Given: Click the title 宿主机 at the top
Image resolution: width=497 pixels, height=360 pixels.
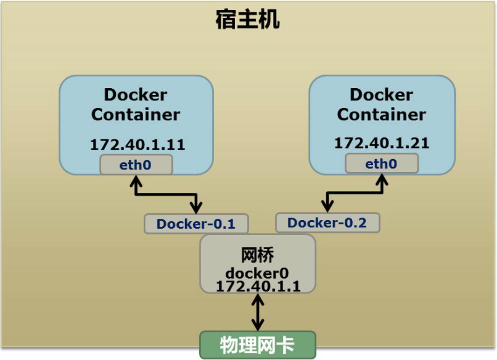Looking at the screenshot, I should pos(248,20).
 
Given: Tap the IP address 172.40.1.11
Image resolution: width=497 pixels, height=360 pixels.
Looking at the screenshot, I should pos(138,145).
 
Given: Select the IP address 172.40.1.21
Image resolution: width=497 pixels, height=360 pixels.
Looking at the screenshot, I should pos(382,143).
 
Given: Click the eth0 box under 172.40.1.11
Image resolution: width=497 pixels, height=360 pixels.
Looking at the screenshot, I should pos(136,165).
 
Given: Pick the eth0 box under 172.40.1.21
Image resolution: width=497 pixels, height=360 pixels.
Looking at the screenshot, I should pos(381,164).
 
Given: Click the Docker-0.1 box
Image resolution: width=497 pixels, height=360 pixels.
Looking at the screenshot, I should pos(197,224).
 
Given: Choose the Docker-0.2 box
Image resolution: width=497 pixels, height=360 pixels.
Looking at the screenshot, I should pos(327,223).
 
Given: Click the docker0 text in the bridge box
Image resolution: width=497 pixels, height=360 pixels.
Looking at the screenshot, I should pos(257,273).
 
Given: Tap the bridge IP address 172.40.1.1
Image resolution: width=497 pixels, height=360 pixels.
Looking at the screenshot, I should pos(257,286).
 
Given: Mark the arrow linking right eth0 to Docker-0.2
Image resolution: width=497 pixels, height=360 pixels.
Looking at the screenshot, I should pos(355,194).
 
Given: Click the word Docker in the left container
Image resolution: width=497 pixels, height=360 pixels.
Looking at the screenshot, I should pos(136,95).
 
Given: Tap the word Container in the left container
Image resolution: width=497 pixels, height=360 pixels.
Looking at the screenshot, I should pos(136,115).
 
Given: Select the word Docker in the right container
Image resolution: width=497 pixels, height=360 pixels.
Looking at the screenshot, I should pos(381,95).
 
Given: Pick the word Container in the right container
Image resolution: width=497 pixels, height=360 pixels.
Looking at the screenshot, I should pos(381,115).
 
